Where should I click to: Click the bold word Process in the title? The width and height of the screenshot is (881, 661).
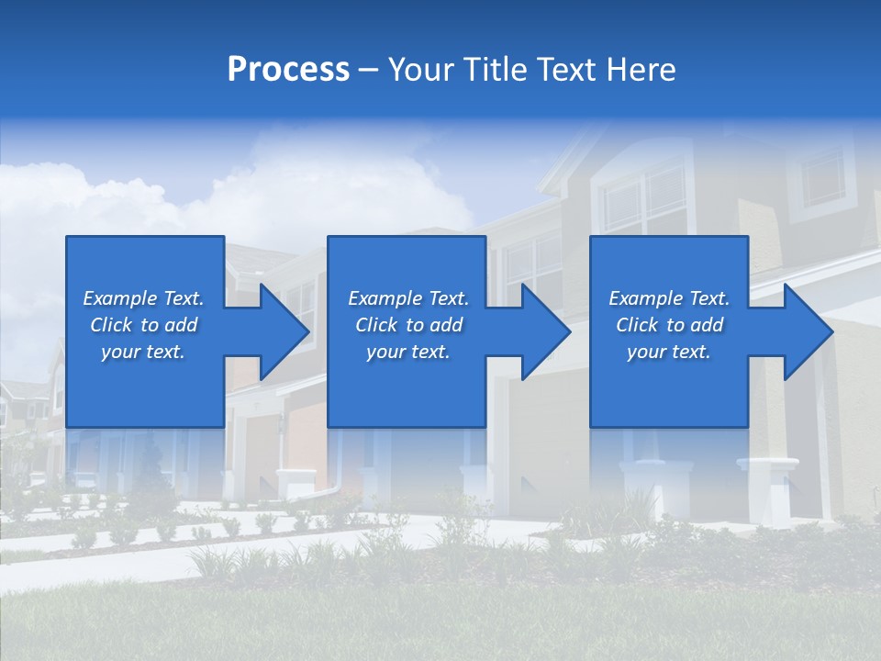pos(288,70)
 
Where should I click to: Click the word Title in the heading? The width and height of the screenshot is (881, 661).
pos(496,70)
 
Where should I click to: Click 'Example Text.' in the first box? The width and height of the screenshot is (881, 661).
pos(143,298)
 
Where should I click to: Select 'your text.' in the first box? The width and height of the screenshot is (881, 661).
pos(143,352)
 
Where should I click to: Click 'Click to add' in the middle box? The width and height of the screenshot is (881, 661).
pos(408,325)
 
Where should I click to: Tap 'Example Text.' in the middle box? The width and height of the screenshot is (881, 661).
pos(408,298)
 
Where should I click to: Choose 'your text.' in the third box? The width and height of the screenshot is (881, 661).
pos(669,352)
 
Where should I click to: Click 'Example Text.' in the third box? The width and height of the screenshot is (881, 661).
pos(669,298)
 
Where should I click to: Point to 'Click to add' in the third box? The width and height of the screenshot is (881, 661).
pos(669,325)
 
